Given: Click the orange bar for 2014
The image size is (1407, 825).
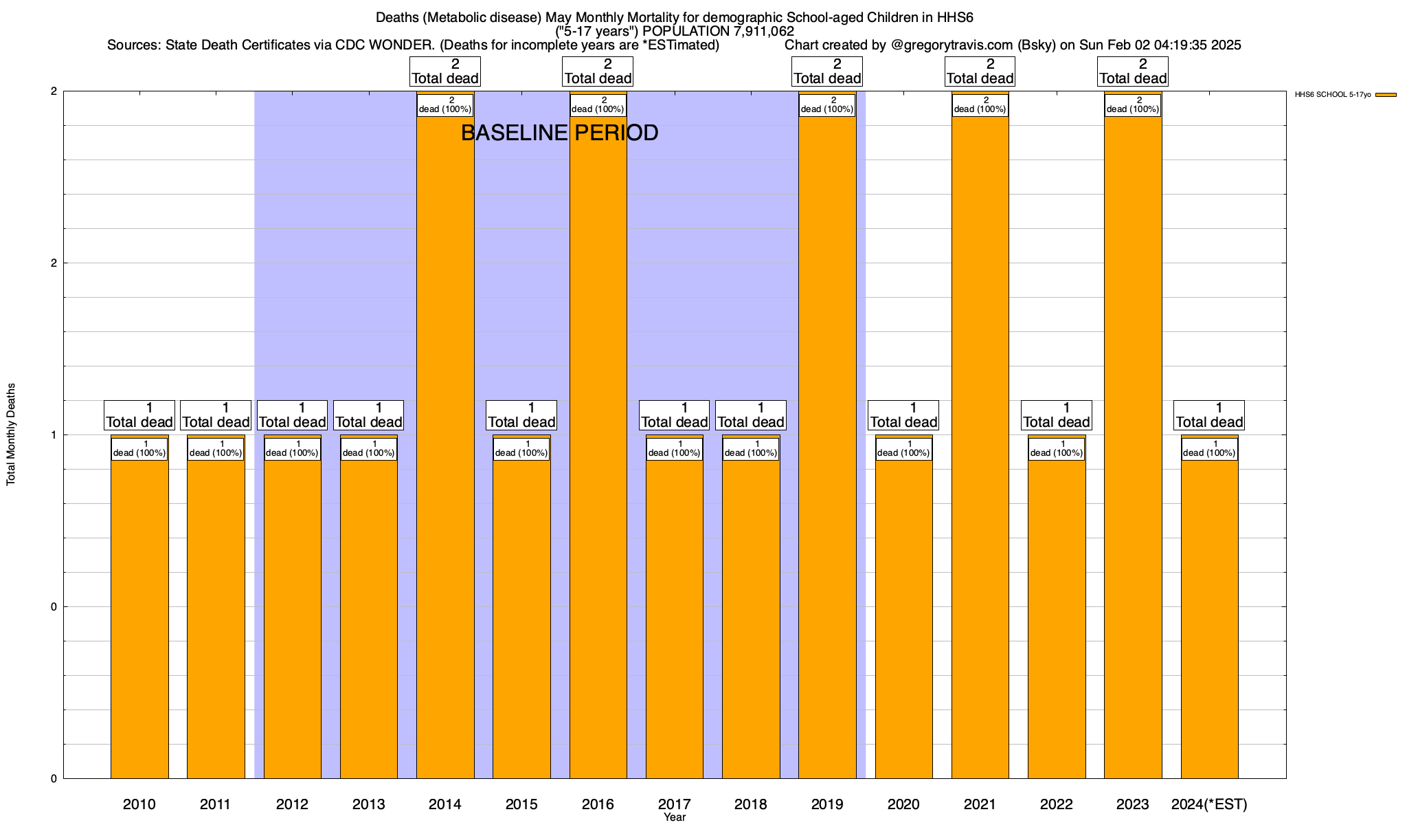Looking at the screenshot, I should pyautogui.click(x=445, y=447).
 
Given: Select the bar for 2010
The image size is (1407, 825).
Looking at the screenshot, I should pyautogui.click(x=139, y=619).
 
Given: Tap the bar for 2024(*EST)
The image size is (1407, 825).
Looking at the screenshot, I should pyautogui.click(x=1209, y=619).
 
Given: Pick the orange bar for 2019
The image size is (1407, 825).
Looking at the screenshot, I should pyautogui.click(x=827, y=447).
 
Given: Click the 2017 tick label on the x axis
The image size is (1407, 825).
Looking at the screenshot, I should pyautogui.click(x=675, y=804).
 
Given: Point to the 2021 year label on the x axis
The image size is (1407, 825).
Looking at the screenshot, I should pyautogui.click(x=980, y=804).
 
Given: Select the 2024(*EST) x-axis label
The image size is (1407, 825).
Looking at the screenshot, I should pyautogui.click(x=1209, y=804).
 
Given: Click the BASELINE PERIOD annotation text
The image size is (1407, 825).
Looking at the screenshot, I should pyautogui.click(x=559, y=133).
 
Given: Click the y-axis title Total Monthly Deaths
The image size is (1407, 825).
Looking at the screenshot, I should pyautogui.click(x=11, y=434).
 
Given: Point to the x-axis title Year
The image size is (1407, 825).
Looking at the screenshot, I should pyautogui.click(x=675, y=817).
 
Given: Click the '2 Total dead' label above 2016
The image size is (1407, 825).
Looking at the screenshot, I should pyautogui.click(x=598, y=71).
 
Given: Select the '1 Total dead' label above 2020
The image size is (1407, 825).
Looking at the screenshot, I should pyautogui.click(x=903, y=415).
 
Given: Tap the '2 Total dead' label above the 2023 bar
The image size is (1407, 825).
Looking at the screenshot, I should pyautogui.click(x=1133, y=71).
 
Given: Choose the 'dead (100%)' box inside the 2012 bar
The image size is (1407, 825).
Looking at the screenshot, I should pyautogui.click(x=292, y=449).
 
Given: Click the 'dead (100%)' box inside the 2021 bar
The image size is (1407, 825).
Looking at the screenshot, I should pyautogui.click(x=980, y=105).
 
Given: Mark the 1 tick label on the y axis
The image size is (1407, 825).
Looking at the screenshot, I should pyautogui.click(x=54, y=434).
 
